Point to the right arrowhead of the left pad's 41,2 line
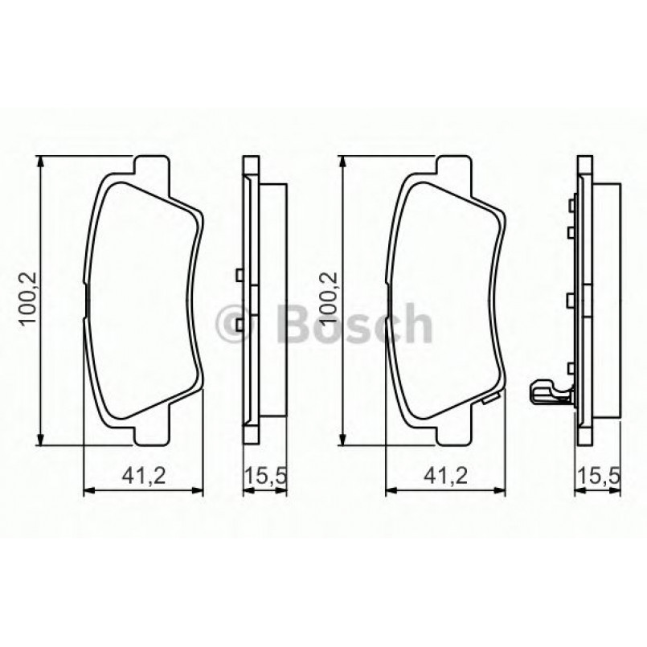pos(201,489)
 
